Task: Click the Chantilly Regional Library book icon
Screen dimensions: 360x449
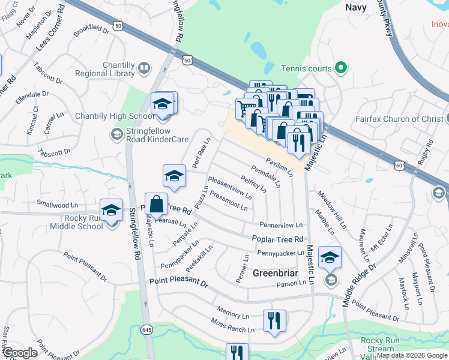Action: pos(144,69)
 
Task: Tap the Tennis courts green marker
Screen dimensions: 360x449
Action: pos(341,68)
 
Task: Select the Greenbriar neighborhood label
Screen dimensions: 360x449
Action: pos(275,273)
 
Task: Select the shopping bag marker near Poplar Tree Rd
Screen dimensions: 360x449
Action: pos(156,204)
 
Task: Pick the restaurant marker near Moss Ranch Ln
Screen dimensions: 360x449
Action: pos(274,320)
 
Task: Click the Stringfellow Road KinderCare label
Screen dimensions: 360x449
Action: pos(149,135)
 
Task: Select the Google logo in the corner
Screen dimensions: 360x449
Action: pos(20,353)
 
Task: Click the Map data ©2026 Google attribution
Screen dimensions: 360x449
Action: pos(412,355)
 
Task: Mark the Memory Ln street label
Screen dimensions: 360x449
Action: pos(233,314)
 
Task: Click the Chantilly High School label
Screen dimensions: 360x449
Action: pos(114,116)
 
